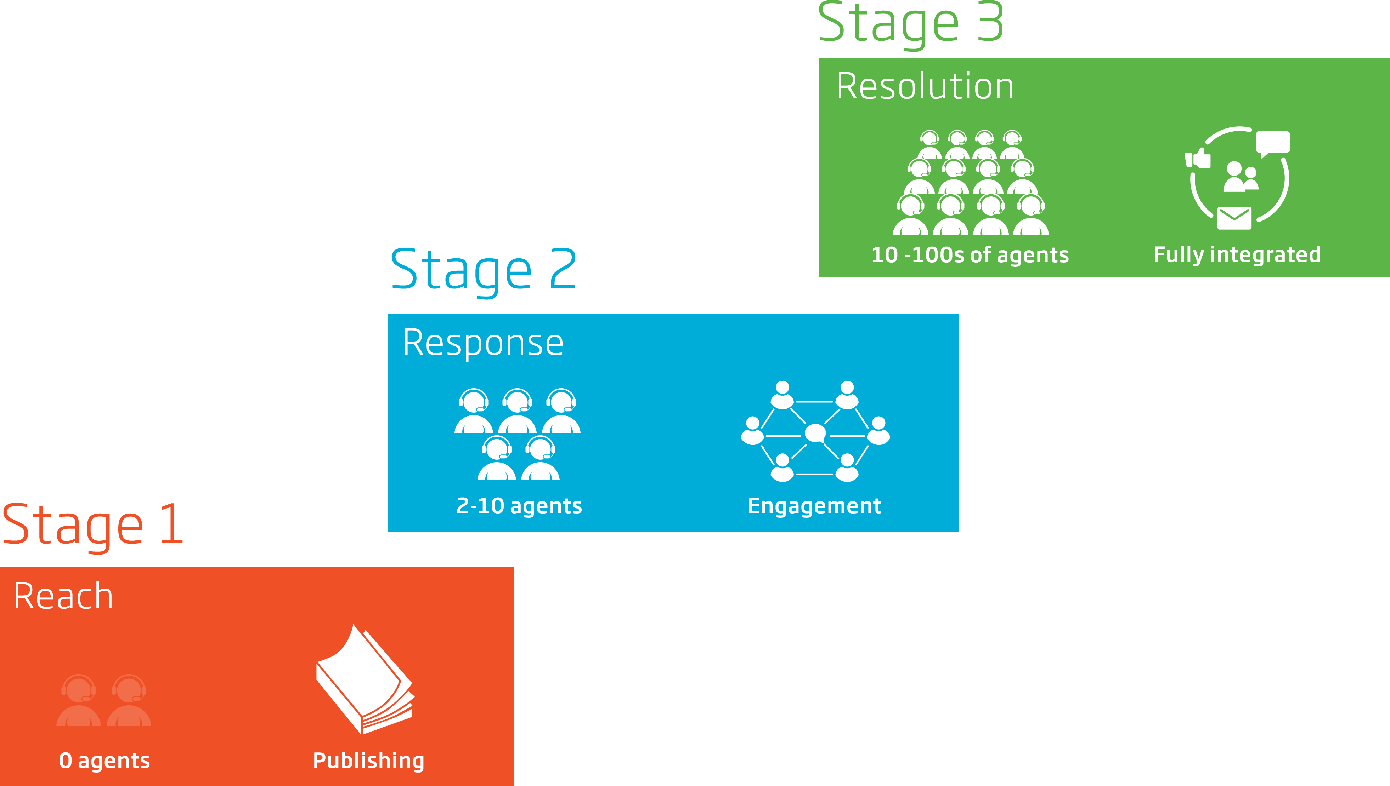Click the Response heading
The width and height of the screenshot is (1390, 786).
tap(483, 343)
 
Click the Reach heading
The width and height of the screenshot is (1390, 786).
tap(63, 597)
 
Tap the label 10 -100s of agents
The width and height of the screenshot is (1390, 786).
tap(970, 255)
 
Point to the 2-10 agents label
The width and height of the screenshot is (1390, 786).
tap(519, 506)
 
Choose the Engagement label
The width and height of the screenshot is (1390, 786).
tap(814, 506)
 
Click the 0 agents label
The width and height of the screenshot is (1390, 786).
tap(104, 761)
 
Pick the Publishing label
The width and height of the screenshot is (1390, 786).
tap(368, 761)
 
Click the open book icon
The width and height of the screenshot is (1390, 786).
tap(365, 680)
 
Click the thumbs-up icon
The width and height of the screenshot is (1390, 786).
tap(1198, 159)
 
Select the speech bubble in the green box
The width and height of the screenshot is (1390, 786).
tap(1272, 143)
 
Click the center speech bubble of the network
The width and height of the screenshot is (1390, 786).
tap(815, 433)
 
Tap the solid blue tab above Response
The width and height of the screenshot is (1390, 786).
tap(484, 274)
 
